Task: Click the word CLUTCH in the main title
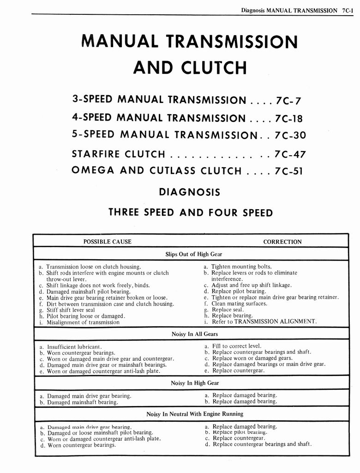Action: [213, 67]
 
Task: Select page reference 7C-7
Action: [288, 100]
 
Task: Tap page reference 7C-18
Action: [288, 118]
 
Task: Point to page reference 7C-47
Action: [290, 154]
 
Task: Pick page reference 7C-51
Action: [288, 171]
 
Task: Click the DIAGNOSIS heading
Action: [189, 192]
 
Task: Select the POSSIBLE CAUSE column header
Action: [107, 242]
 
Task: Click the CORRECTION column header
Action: [282, 242]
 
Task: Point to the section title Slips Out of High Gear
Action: [194, 254]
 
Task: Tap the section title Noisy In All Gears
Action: [194, 334]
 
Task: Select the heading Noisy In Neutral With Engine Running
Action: [194, 414]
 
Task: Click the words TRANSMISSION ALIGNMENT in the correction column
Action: [275, 321]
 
